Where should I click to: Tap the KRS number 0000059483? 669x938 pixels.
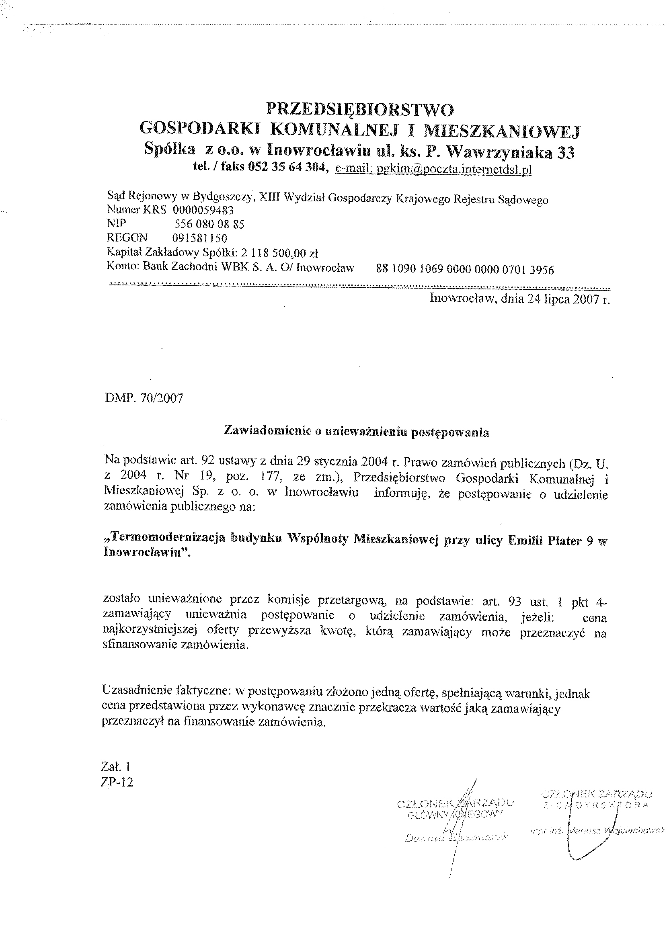pos(203,211)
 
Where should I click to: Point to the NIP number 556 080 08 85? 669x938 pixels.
pos(209,224)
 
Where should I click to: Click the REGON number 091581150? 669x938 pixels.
pos(200,238)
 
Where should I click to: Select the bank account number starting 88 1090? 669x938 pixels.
pos(465,270)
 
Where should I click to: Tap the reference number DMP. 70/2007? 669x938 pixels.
pos(144,399)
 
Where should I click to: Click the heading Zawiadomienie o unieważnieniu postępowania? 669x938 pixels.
pos(356,432)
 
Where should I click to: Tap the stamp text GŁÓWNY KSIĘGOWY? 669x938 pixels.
pos(454,815)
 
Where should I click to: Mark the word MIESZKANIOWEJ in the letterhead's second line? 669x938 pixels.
pos(501,131)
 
